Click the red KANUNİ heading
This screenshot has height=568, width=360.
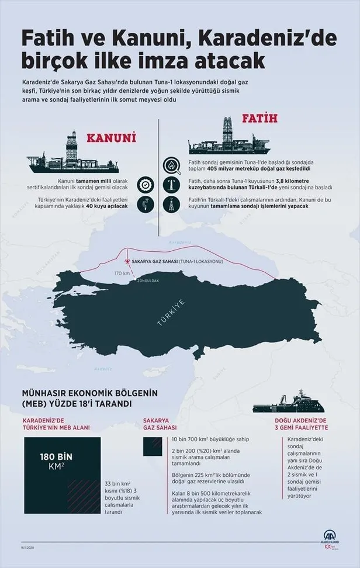coord(111,138)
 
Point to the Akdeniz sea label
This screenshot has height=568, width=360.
coord(103,368)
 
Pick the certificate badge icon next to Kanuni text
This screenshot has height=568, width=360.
coord(145,185)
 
